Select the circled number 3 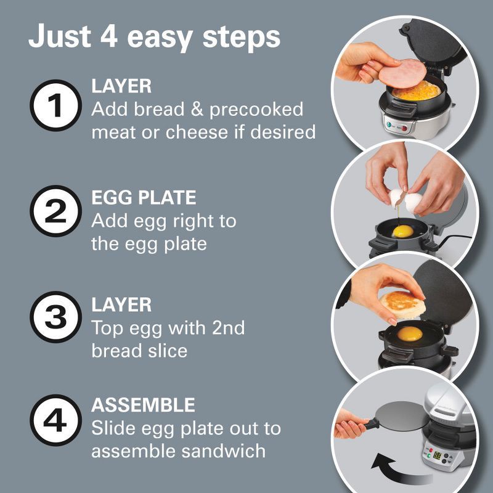click(x=56, y=317)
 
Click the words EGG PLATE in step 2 click(x=144, y=198)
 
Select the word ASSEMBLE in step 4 click(x=143, y=405)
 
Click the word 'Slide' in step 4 click(x=113, y=428)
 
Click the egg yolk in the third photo click(x=410, y=333)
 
